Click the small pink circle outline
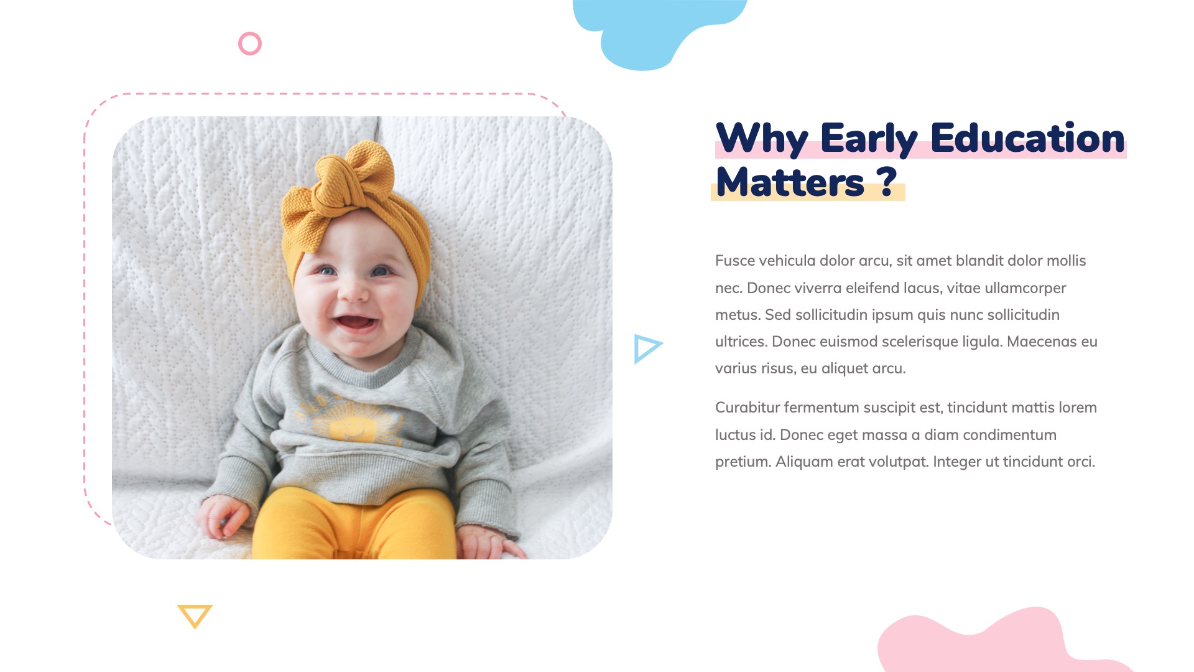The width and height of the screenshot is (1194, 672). pyautogui.click(x=250, y=44)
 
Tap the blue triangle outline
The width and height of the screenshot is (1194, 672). pyautogui.click(x=647, y=348)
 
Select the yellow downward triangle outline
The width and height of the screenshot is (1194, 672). pyautogui.click(x=195, y=615)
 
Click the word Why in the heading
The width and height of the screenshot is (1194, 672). pyautogui.click(x=762, y=138)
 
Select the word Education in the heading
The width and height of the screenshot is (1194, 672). pyautogui.click(x=1027, y=138)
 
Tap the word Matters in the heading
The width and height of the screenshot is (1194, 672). pyautogui.click(x=790, y=182)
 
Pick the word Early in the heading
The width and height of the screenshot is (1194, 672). pyautogui.click(x=869, y=138)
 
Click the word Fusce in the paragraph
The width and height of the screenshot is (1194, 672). pyautogui.click(x=734, y=261)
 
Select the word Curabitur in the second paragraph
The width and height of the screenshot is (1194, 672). pyautogui.click(x=747, y=408)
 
